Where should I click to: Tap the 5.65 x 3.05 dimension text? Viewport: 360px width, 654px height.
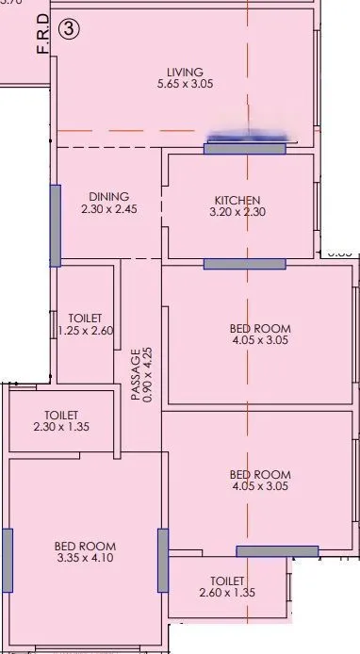(x=185, y=85)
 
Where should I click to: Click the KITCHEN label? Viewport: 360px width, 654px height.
(x=237, y=200)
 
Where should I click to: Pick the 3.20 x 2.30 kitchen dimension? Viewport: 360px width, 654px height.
(x=237, y=213)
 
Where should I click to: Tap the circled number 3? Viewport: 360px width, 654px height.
(x=69, y=29)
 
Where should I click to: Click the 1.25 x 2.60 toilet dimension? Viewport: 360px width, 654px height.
(x=85, y=331)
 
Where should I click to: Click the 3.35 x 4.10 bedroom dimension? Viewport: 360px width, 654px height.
(x=85, y=559)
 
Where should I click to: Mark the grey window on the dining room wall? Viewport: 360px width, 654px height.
(x=56, y=224)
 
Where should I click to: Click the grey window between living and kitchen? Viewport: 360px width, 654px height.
(x=244, y=148)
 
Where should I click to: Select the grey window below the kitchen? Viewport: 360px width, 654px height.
(x=244, y=264)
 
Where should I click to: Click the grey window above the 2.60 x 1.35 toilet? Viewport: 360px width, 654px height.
(x=276, y=551)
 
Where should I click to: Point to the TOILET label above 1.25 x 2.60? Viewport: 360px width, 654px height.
(x=85, y=319)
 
